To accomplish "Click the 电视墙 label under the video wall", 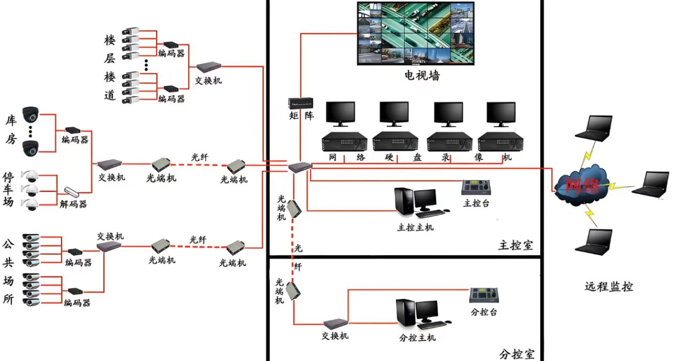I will pos(422,75).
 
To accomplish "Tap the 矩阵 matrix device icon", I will pos(301,103).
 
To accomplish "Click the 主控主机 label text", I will pos(416,227).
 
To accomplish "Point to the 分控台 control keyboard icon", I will pos(484,295).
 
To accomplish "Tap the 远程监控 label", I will pos(609,287).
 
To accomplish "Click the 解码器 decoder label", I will pos(73,204).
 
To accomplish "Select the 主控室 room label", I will pos(516,245).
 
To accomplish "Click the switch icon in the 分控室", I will pos(336,324).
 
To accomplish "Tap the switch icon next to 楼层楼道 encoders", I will pos(208,67).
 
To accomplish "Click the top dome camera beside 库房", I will pos(30,114).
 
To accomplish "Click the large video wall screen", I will pos(416,33).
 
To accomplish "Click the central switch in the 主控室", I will pos(300,167).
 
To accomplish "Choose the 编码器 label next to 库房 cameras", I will pos(75,140).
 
